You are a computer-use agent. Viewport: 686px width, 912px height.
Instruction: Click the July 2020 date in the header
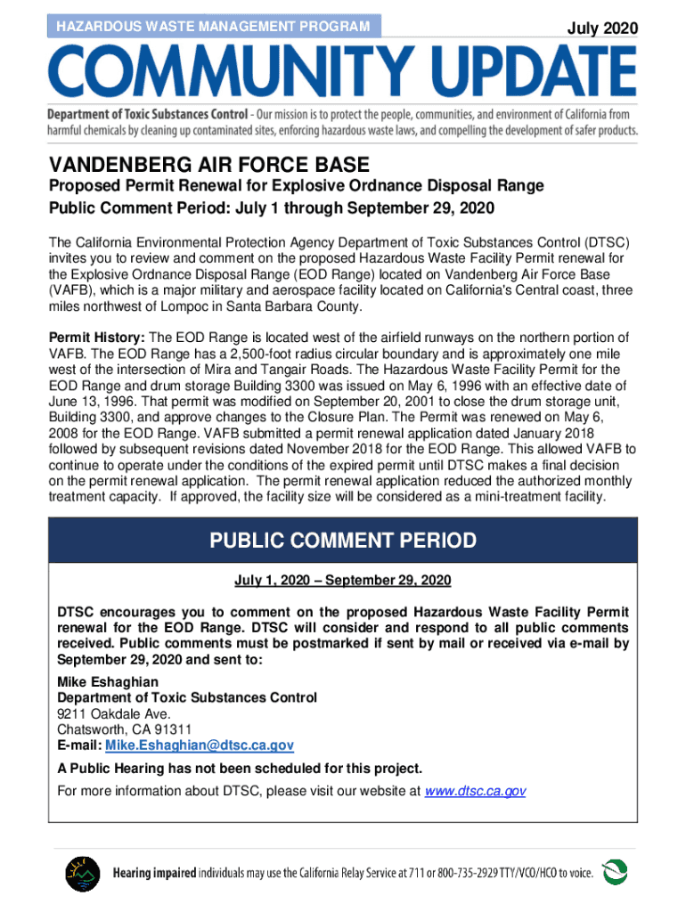[x=602, y=28]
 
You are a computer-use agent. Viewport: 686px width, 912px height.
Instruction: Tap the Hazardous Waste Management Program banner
[x=213, y=27]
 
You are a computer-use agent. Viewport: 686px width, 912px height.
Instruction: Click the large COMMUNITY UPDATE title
[x=343, y=74]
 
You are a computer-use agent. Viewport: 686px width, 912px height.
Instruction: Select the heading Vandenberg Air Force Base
[x=208, y=166]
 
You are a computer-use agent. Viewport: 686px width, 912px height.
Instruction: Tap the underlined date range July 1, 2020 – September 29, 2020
[x=343, y=581]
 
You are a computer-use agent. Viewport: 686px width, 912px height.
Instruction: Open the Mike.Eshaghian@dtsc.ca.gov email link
[x=200, y=745]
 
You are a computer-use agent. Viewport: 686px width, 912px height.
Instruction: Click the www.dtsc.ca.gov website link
[x=476, y=791]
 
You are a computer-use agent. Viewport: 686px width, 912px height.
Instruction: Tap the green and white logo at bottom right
[x=616, y=874]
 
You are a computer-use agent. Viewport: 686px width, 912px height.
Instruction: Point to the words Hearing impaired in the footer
[x=154, y=875]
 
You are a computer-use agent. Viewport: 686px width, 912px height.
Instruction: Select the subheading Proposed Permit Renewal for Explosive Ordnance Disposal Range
[x=296, y=186]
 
